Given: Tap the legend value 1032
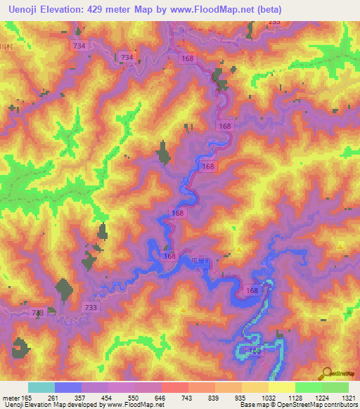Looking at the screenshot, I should (x=269, y=398).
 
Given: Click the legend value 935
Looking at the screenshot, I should (x=242, y=398).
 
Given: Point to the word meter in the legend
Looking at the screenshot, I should (x=11, y=398).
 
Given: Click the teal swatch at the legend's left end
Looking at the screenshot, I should (x=41, y=387).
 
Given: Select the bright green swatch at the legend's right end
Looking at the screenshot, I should (x=335, y=387).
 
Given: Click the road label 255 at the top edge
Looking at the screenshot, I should (x=273, y=22).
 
